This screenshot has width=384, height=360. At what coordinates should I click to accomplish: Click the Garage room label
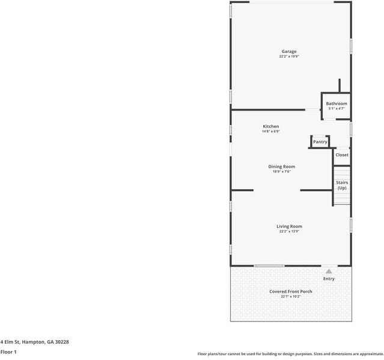[289, 52]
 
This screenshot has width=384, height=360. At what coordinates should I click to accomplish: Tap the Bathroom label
[337, 103]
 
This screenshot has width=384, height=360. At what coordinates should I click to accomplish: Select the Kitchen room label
[270, 126]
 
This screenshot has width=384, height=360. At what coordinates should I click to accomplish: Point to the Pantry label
[320, 142]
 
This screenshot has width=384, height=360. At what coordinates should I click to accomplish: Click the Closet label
[341, 155]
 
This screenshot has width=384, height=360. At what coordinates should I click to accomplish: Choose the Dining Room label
[281, 166]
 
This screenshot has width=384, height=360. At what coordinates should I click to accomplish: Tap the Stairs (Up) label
[341, 185]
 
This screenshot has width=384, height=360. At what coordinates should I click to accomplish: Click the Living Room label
[289, 226]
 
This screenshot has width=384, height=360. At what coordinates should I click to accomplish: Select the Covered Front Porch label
[290, 291]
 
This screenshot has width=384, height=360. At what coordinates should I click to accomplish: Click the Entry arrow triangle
[329, 272]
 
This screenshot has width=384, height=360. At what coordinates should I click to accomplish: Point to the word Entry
[329, 279]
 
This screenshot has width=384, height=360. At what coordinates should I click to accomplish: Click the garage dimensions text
[289, 57]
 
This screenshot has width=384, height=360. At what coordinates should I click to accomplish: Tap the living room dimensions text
[289, 231]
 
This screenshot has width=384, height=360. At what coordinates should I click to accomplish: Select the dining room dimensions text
[281, 172]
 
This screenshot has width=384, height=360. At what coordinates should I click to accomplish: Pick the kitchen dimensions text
[270, 132]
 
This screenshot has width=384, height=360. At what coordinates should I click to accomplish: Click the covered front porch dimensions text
[290, 296]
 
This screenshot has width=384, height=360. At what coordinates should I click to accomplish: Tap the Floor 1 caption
[8, 352]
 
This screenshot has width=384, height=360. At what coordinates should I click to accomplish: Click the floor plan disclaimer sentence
[290, 353]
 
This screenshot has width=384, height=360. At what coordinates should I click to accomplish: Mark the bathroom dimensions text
[337, 109]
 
